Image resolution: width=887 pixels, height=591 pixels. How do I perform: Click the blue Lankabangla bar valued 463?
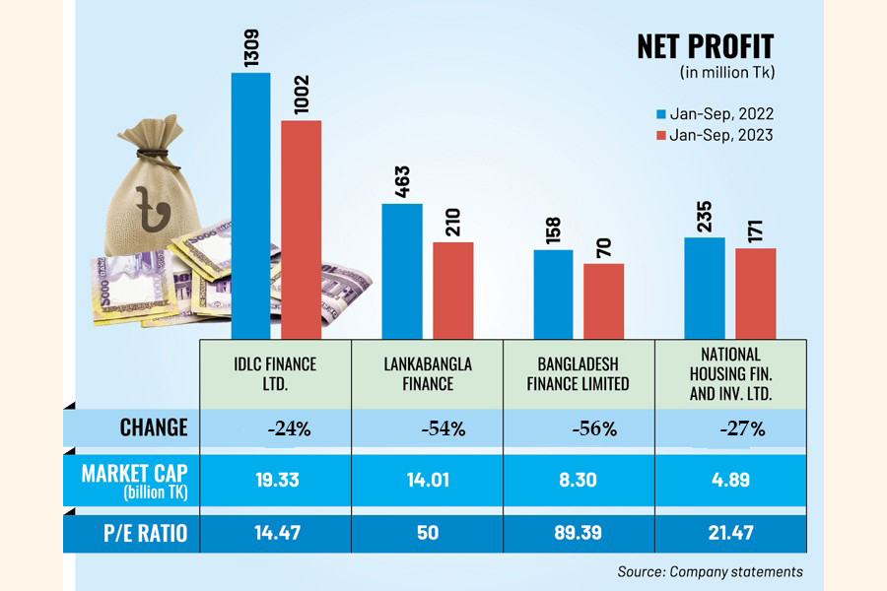pyautogui.click(x=402, y=271)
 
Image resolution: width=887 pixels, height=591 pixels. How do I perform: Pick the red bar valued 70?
pyautogui.click(x=603, y=300)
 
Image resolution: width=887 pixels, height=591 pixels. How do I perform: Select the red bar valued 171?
pyautogui.click(x=756, y=294)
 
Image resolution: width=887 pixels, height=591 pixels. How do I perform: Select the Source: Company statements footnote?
pyautogui.click(x=710, y=571)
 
